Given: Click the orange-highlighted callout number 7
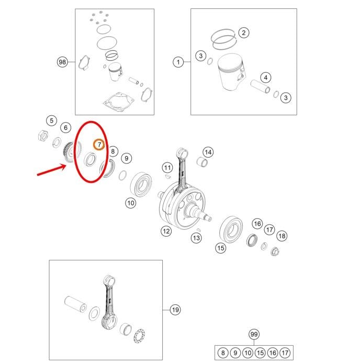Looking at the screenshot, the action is (99, 145).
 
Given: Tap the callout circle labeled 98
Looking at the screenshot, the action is (62, 62).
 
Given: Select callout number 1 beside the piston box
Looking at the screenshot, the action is (178, 62).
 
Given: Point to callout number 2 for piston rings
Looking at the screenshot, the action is (244, 32).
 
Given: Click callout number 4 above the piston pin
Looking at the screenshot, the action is (266, 78).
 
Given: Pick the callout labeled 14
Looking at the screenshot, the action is (208, 152).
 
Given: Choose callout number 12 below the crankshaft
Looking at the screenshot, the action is (166, 232).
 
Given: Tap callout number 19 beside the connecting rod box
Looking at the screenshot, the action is (175, 310).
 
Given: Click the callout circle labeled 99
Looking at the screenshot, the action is (254, 334).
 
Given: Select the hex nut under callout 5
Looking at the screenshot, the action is (43, 135).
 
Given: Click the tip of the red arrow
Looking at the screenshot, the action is (66, 165).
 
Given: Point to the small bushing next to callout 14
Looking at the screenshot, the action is (202, 162).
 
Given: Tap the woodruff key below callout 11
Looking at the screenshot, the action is (167, 177).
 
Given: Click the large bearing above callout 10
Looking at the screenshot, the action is (141, 184).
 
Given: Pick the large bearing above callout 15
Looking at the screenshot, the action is (231, 229).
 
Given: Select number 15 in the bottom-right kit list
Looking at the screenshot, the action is (260, 353).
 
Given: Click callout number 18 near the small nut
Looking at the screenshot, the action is (282, 236).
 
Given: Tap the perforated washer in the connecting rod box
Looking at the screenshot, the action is (139, 336).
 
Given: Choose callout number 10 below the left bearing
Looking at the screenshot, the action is (131, 203).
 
